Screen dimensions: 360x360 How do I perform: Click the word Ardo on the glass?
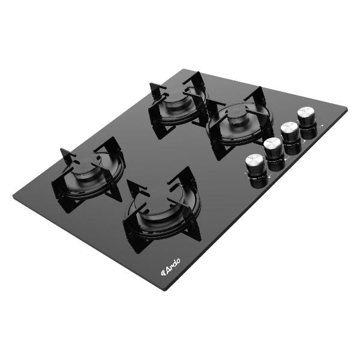click(173, 266)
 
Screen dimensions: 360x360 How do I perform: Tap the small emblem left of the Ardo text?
click(163, 272)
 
